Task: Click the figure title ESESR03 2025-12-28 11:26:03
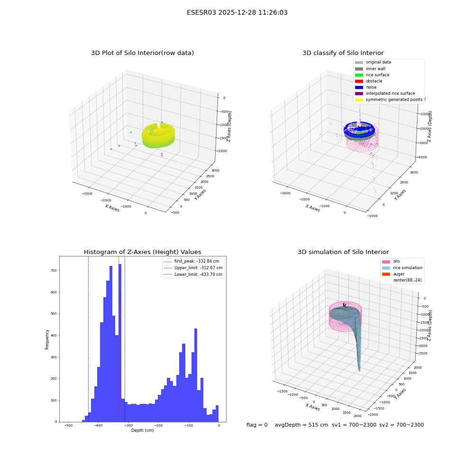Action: click(x=237, y=12)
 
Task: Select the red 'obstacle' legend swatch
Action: click(x=359, y=81)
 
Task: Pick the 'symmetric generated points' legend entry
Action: click(x=389, y=100)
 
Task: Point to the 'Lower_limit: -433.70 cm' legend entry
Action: click(x=193, y=274)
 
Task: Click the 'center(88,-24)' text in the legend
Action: click(x=407, y=280)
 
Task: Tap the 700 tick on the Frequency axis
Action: click(x=54, y=271)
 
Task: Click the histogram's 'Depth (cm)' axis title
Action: click(x=142, y=430)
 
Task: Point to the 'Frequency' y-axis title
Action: click(x=47, y=339)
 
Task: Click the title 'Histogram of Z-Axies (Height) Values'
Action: click(x=142, y=252)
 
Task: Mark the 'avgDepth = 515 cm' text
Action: click(x=301, y=425)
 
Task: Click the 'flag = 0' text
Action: click(x=257, y=425)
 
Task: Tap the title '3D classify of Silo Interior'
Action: click(x=343, y=53)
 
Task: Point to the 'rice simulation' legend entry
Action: click(x=402, y=268)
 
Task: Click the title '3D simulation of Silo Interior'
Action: click(x=343, y=252)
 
